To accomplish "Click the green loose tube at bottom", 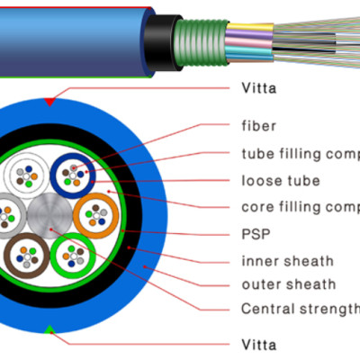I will tap(69, 257).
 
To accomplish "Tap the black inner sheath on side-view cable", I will tap(163, 40).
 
